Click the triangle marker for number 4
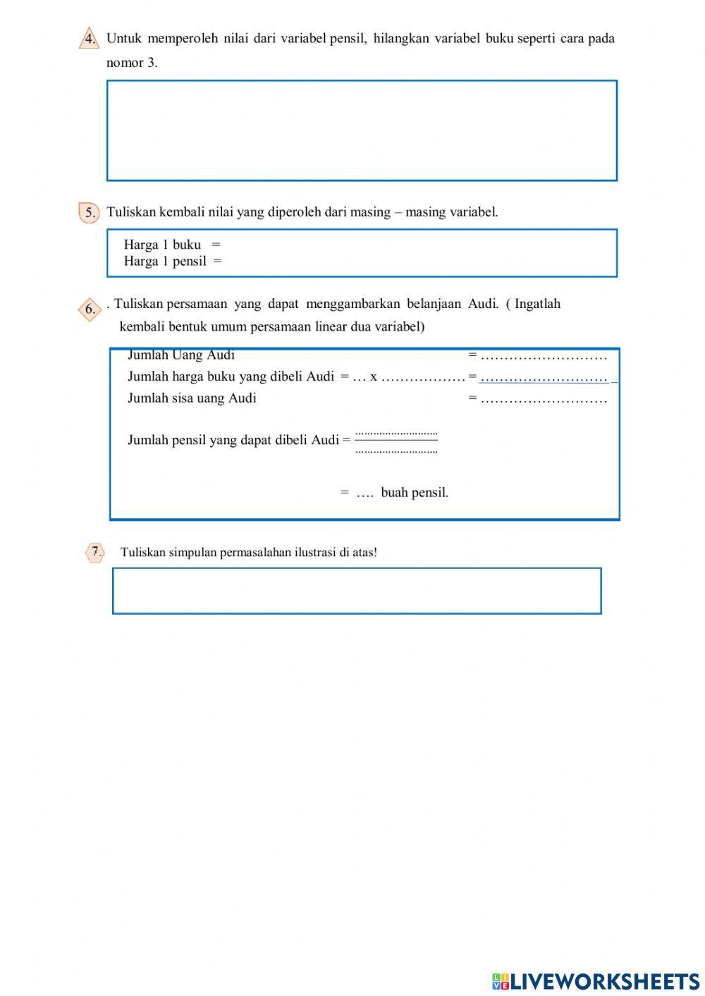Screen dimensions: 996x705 tap(89, 39)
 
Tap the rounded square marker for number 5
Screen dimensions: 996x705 tap(89, 212)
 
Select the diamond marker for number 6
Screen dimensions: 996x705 tap(90, 309)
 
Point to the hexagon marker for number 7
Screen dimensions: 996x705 tap(94, 553)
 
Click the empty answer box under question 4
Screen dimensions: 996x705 tap(362, 130)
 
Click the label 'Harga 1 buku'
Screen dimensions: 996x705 tap(162, 245)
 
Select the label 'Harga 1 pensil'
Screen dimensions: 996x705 tap(165, 262)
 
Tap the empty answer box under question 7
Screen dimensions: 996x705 tap(357, 591)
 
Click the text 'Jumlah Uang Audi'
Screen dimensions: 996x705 tap(181, 355)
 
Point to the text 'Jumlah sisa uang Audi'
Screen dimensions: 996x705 tap(192, 398)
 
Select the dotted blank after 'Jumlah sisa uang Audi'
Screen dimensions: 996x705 tap(544, 400)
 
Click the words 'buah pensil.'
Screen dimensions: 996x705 tap(415, 493)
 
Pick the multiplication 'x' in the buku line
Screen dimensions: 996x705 tap(374, 377)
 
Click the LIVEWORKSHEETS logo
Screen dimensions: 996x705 tap(596, 980)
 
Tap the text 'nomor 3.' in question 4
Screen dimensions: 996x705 tap(132, 63)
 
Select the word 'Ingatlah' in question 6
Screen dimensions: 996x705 tap(537, 305)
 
